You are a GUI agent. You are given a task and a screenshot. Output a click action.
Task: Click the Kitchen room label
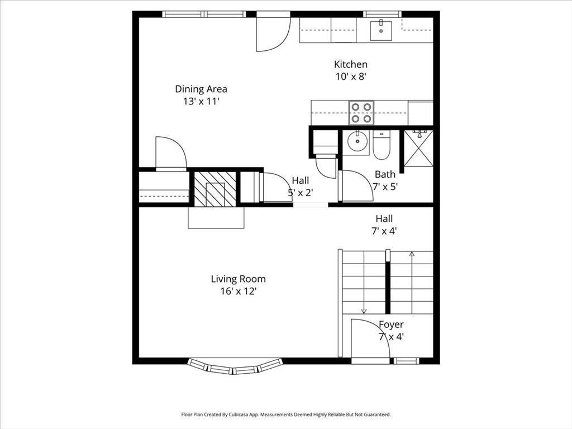pyautogui.click(x=351, y=64)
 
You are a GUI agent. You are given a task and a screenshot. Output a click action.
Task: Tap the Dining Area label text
pyautogui.click(x=201, y=89)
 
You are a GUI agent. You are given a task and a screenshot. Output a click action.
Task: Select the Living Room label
pyautogui.click(x=238, y=279)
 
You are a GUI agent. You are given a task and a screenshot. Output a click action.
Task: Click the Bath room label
pyautogui.click(x=385, y=174)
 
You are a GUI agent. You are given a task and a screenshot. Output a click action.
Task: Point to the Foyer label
pyautogui.click(x=391, y=325)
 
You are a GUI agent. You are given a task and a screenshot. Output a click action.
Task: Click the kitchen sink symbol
pyautogui.click(x=382, y=28)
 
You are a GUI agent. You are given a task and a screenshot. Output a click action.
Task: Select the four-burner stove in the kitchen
pyautogui.click(x=361, y=112)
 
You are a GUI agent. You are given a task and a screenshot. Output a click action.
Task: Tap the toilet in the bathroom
pyautogui.click(x=382, y=145)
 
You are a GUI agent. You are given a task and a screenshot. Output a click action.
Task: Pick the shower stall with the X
pyautogui.click(x=418, y=147)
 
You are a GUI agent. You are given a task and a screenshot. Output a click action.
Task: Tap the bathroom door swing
pyautogui.click(x=356, y=187)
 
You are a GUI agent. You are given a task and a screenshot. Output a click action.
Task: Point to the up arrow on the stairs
pyautogui.click(x=412, y=255)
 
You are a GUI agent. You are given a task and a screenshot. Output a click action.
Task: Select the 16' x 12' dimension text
pyautogui.click(x=238, y=291)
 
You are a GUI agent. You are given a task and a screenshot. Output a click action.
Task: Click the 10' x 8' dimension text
pyautogui.click(x=351, y=77)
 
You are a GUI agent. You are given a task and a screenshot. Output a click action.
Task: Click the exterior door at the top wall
pyautogui.click(x=273, y=32)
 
